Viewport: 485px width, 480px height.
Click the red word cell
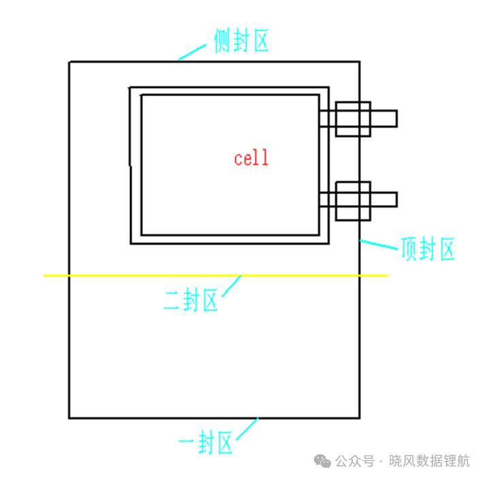(251, 158)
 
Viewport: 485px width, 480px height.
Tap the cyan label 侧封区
(240, 40)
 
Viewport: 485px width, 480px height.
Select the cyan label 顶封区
(428, 249)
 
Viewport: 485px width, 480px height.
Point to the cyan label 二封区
(191, 300)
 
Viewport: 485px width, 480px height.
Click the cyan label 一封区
(206, 442)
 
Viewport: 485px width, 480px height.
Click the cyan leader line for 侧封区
(192, 52)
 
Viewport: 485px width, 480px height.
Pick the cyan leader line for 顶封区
(378, 244)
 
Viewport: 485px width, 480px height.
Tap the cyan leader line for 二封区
(232, 286)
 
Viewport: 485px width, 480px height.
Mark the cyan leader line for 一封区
(247, 429)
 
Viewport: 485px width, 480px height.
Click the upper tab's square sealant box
(353, 102)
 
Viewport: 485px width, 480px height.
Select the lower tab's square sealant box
(353, 182)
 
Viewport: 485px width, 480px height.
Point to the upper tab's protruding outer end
(396, 118)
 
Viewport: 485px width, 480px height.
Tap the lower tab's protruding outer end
(396, 199)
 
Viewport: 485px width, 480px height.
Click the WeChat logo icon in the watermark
(323, 461)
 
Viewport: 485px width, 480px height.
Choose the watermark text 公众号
(355, 461)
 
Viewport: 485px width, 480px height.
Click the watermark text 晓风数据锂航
(429, 461)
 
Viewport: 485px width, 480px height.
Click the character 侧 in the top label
(221, 41)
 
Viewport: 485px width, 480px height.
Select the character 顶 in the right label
(409, 249)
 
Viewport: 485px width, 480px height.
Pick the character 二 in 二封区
(172, 300)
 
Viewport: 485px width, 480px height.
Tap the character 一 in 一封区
(187, 441)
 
